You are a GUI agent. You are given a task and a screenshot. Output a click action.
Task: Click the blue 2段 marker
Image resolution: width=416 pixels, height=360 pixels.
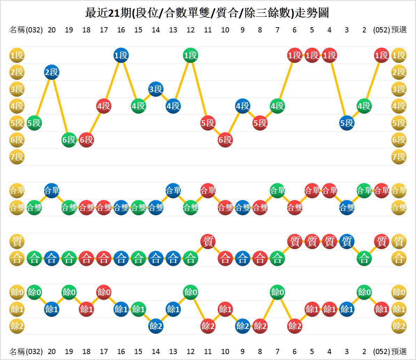(x=52, y=72)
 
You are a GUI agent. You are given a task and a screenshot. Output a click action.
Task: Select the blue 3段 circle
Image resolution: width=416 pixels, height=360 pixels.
(x=156, y=89)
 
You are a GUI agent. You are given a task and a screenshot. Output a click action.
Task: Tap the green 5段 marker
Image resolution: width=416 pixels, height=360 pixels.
(x=34, y=123)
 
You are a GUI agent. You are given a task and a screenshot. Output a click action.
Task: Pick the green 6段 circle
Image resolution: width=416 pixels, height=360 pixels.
(x=69, y=140)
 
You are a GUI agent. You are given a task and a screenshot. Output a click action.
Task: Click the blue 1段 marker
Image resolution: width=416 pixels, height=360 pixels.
(x=121, y=55)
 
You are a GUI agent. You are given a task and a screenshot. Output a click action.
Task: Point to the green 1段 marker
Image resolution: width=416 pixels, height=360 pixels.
(x=190, y=55)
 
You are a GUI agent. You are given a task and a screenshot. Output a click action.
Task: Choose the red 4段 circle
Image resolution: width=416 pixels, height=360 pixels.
(x=104, y=106)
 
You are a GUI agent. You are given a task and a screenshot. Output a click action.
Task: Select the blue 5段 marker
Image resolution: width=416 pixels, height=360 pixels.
(x=347, y=123)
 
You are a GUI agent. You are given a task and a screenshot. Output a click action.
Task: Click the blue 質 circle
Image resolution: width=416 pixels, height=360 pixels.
(x=347, y=241)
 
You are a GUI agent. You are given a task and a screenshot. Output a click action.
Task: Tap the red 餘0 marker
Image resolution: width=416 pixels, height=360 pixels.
(x=104, y=292)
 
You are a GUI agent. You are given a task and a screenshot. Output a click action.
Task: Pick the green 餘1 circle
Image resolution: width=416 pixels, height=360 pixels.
(x=138, y=309)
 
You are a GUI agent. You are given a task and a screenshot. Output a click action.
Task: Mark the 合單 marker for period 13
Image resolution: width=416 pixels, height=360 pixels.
(x=173, y=190)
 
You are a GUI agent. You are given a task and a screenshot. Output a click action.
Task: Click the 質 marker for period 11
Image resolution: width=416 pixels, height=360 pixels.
(x=208, y=241)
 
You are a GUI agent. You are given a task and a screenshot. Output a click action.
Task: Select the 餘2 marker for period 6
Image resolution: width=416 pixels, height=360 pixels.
(x=295, y=326)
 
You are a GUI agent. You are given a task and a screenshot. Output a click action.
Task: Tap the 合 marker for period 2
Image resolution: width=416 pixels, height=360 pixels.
(x=364, y=258)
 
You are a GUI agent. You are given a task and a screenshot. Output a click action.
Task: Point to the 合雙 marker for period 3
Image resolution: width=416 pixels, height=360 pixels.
(x=347, y=208)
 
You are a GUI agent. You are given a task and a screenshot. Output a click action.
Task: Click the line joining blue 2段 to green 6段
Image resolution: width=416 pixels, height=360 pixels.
(x=60, y=106)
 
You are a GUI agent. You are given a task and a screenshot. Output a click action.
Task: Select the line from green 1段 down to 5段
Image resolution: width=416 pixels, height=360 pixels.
(x=199, y=89)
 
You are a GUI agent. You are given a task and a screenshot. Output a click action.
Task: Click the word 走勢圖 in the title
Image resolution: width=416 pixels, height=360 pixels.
(x=312, y=13)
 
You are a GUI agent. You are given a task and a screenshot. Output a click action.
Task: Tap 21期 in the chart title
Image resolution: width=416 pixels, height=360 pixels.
(x=119, y=13)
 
